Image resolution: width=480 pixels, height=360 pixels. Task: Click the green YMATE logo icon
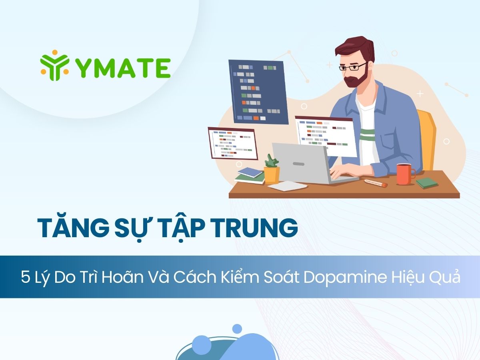pos(55,65)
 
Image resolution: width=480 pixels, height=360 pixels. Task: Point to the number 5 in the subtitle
pos(25,278)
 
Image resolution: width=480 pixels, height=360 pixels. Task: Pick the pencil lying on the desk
pos(376,183)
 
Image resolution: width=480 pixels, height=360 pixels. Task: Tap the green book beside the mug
pos(427,183)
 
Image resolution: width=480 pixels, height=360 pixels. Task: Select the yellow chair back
pos(428,138)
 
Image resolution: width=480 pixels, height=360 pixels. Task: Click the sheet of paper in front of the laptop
pos(287,186)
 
